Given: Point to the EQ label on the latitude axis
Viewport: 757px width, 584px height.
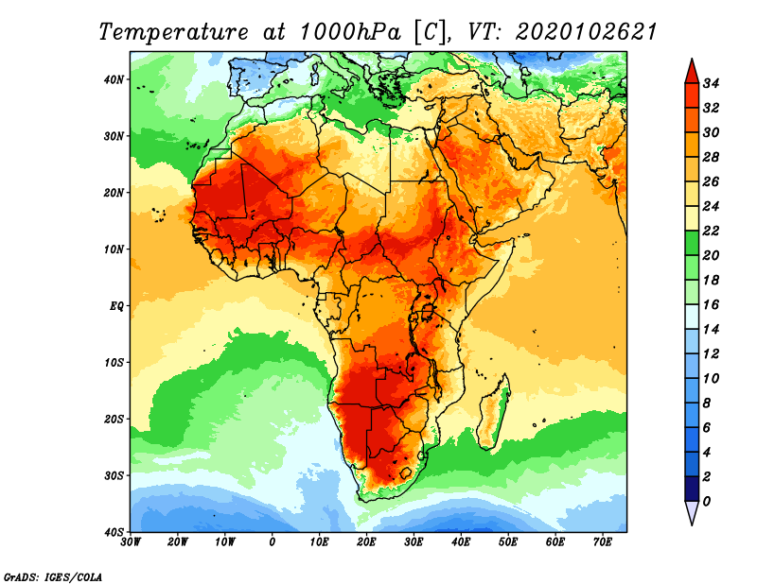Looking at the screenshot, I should point(116,305).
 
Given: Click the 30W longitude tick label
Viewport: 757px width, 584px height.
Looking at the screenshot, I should point(131,542).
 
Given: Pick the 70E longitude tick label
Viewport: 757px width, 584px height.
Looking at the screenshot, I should point(603,542).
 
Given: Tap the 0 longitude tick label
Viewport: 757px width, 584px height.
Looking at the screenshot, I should point(273,542).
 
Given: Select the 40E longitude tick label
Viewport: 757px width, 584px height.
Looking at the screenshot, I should point(461,542).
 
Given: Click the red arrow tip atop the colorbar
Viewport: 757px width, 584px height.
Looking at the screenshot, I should point(691,68).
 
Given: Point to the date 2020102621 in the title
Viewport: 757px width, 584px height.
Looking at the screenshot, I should point(586,31).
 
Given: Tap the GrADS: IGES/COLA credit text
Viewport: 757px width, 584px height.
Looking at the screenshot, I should point(52,575).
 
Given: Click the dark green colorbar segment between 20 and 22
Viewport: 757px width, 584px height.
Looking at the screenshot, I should point(691,243).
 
